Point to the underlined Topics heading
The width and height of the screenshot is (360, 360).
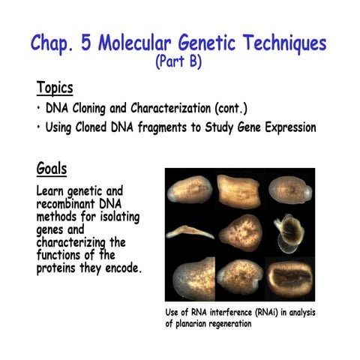click(55, 88)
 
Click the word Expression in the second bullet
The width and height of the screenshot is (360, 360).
click(286, 128)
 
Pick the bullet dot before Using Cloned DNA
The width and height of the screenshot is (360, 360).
click(38, 128)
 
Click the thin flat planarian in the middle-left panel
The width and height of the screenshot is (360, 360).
click(189, 230)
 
